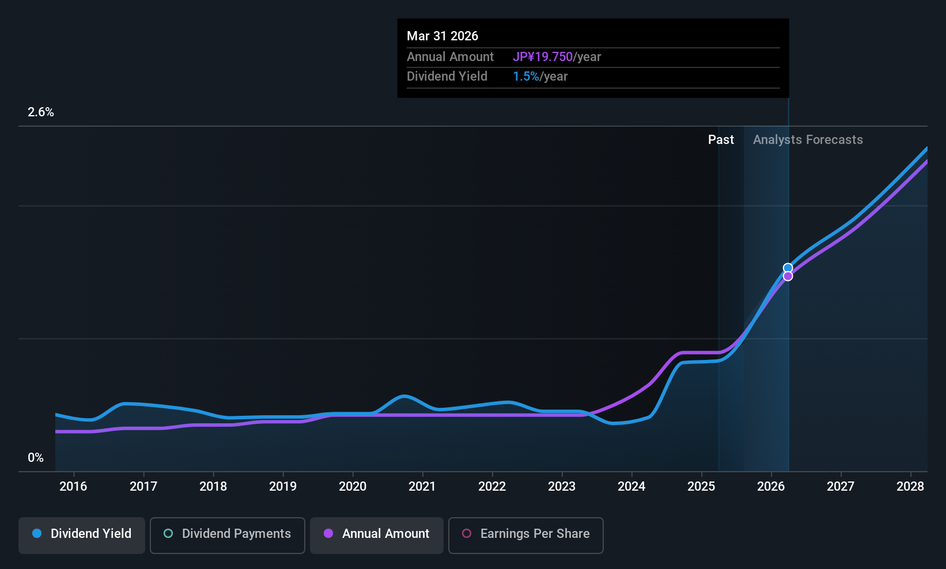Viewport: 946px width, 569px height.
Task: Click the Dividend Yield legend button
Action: click(x=82, y=534)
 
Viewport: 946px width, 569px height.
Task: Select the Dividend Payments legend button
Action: click(x=228, y=534)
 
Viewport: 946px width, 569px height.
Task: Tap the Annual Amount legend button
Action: click(x=377, y=534)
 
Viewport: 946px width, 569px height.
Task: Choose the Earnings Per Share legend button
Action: click(x=525, y=534)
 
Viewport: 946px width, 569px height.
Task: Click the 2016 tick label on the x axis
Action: click(x=73, y=487)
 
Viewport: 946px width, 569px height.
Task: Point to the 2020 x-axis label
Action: click(x=353, y=487)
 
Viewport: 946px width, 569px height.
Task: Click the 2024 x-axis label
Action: click(x=631, y=487)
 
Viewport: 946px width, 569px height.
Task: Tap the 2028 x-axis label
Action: click(x=910, y=487)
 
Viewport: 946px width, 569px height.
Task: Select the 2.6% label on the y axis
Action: click(x=41, y=112)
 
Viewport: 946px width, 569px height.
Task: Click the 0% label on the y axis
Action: click(x=36, y=458)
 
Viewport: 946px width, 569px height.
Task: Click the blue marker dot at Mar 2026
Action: click(x=788, y=268)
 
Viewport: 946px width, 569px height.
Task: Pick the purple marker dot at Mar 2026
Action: click(x=788, y=276)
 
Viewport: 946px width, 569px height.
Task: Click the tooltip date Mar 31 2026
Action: click(x=442, y=36)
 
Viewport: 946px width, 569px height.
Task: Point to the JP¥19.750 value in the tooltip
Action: click(x=543, y=57)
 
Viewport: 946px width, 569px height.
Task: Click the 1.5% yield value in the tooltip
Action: click(x=526, y=77)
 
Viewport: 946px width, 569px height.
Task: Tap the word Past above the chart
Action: click(x=721, y=140)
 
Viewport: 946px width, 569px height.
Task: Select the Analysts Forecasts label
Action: click(x=808, y=140)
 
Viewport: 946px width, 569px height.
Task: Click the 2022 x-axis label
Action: click(x=492, y=487)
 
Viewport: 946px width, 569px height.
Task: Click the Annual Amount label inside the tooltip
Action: click(x=450, y=57)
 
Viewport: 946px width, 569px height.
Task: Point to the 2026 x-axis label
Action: click(x=771, y=487)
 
